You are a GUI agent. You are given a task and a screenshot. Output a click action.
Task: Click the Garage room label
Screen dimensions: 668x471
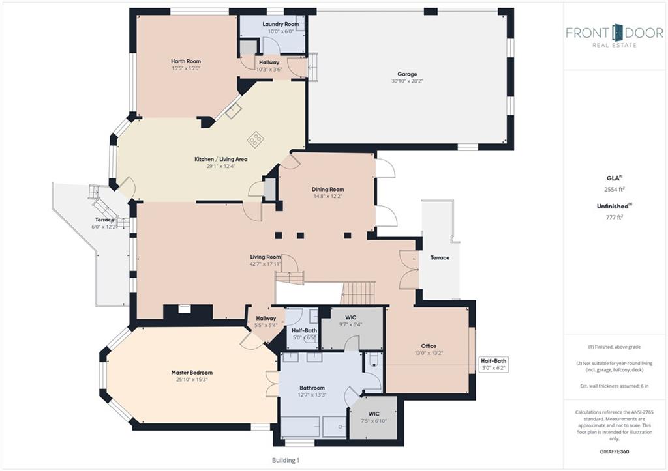407,74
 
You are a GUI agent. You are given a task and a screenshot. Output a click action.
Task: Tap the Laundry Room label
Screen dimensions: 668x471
281,24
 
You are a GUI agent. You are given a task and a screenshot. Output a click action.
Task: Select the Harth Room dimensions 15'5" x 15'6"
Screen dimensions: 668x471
186,68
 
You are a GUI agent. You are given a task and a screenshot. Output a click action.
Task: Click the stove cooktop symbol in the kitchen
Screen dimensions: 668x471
256,139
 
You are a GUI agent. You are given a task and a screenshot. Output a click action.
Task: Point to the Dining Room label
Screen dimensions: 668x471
327,190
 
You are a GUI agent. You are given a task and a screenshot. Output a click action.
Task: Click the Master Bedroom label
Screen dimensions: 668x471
192,372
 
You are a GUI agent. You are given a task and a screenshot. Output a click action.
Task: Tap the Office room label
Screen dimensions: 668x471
429,346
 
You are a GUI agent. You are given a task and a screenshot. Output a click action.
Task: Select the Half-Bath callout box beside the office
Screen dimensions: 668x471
493,364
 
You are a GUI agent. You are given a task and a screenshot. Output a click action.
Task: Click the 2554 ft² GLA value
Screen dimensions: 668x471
615,190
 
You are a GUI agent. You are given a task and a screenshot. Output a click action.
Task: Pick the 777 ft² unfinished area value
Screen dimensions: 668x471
615,217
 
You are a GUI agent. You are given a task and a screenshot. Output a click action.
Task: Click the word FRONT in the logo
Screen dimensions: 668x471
588,33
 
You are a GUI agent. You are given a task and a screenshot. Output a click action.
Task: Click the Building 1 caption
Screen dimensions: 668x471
286,460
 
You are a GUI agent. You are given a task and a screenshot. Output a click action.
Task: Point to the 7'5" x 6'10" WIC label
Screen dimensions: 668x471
374,417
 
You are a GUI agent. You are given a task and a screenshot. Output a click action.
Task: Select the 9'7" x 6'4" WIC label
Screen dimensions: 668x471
350,321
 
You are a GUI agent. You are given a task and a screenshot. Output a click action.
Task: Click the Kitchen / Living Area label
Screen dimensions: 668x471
220,159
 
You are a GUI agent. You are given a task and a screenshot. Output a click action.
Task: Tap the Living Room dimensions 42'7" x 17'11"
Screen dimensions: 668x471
266,264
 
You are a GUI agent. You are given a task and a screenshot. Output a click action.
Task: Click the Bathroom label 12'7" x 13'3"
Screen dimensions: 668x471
312,391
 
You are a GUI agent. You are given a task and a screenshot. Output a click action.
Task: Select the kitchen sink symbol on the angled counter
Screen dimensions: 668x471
234,111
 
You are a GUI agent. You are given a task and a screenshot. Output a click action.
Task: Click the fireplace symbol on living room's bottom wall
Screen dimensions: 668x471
184,308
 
